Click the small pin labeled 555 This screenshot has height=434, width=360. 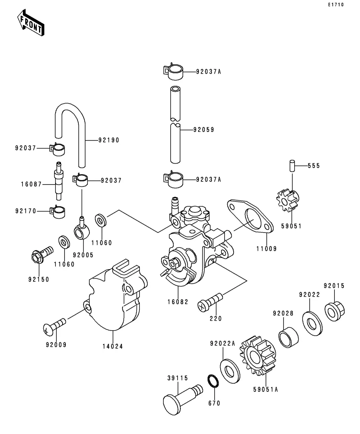pyautogui.click(x=292, y=166)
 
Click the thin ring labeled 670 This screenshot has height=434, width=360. pyautogui.click(x=213, y=381)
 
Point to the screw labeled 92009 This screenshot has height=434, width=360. pyautogui.click(x=55, y=327)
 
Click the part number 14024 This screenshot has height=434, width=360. pyautogui.click(x=113, y=347)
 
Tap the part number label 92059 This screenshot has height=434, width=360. pyautogui.click(x=203, y=129)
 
